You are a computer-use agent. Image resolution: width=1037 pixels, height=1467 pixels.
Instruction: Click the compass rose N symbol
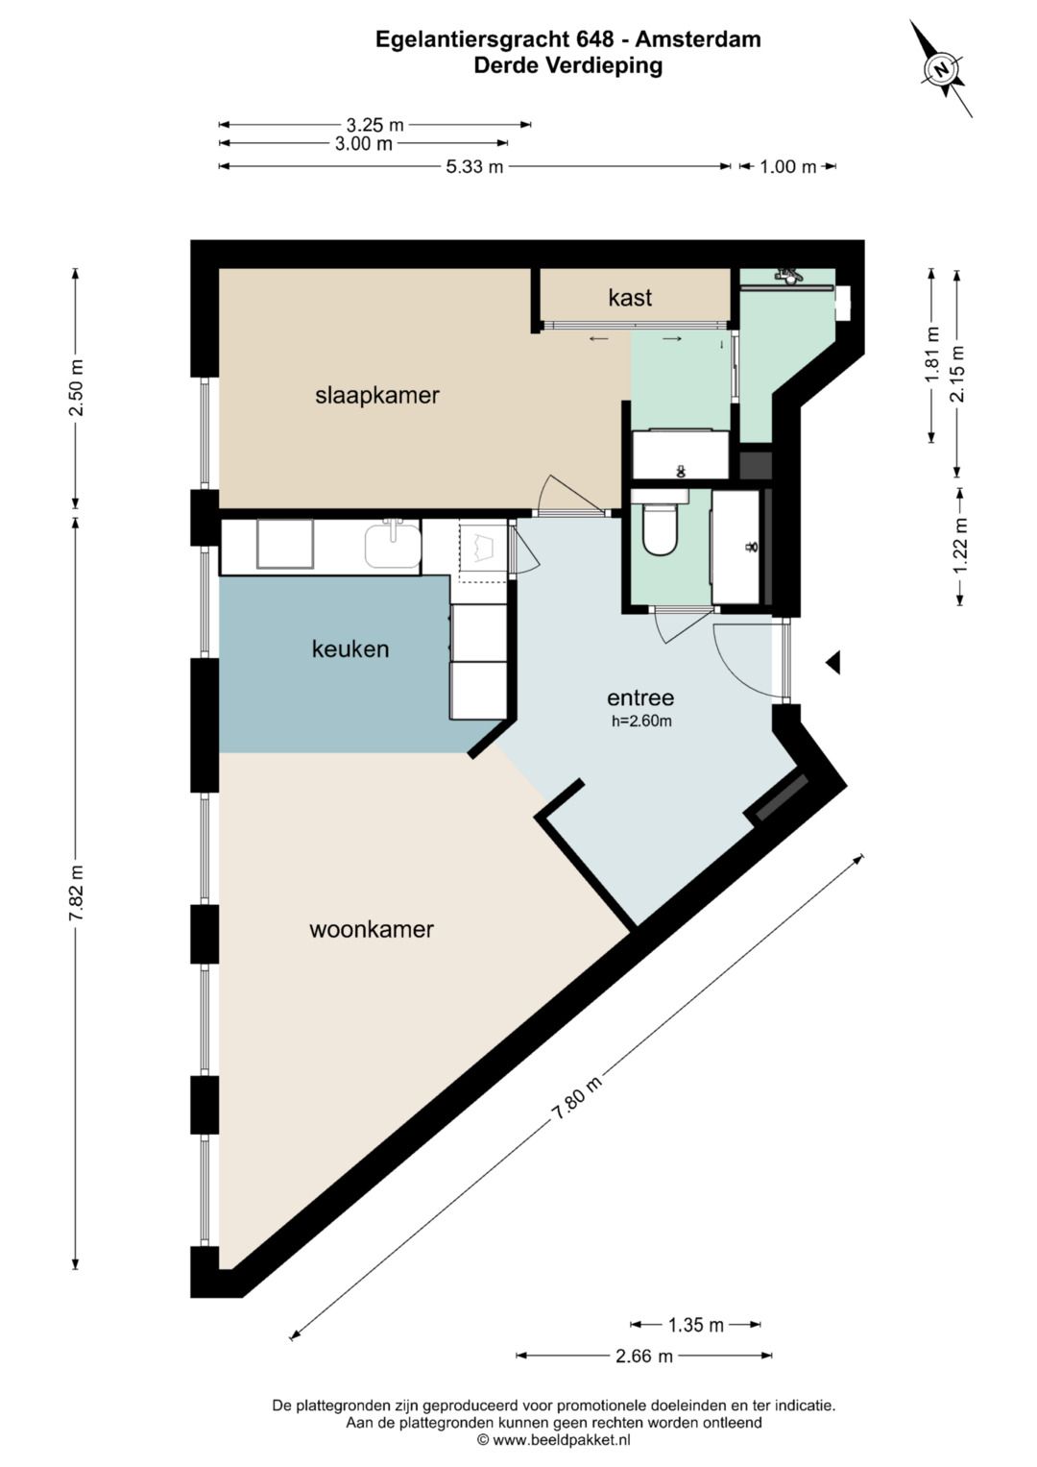click(x=941, y=69)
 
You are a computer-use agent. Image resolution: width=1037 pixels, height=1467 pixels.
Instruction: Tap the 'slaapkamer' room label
click(x=377, y=396)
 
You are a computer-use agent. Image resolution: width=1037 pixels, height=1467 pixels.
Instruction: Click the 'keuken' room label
click(x=350, y=649)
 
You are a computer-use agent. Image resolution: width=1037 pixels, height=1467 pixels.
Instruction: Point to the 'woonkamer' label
click(x=372, y=929)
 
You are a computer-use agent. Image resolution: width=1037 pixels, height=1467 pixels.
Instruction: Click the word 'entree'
click(x=640, y=697)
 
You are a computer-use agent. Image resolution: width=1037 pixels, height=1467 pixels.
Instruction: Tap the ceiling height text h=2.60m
click(x=641, y=721)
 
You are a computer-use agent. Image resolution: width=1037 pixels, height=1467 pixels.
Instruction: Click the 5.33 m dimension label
click(x=474, y=166)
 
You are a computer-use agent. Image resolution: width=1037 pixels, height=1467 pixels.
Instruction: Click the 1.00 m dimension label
click(x=787, y=166)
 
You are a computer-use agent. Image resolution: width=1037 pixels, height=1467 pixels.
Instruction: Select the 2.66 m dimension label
click(x=644, y=1355)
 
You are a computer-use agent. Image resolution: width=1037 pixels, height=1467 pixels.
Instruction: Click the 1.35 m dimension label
click(x=695, y=1325)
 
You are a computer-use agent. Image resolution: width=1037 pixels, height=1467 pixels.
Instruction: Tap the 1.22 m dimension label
click(x=960, y=546)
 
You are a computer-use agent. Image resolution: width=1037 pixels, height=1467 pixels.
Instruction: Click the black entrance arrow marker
click(x=832, y=663)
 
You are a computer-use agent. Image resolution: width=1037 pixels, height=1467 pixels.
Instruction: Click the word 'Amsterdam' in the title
click(x=698, y=39)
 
